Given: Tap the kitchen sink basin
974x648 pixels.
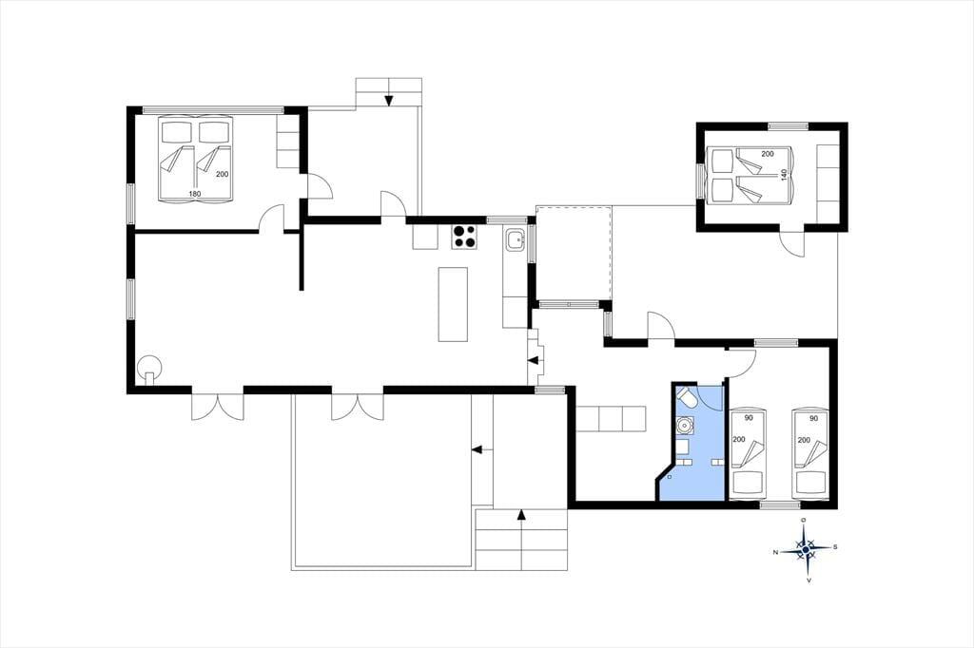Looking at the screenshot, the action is click(515, 239).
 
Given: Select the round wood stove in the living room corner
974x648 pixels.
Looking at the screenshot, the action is click(149, 368).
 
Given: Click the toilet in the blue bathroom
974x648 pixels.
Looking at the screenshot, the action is click(687, 398).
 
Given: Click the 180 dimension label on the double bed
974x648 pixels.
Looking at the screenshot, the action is click(194, 194).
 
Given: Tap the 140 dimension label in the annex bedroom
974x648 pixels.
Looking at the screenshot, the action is click(784, 175).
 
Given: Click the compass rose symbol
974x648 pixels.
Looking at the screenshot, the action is click(805, 549).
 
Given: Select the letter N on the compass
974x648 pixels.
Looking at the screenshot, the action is click(775, 552).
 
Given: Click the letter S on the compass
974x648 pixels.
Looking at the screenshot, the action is click(835, 547).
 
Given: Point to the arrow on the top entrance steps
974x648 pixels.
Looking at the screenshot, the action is click(389, 100).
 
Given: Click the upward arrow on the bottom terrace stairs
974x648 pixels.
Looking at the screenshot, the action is click(521, 515).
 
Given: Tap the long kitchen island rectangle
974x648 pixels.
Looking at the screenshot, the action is click(453, 304).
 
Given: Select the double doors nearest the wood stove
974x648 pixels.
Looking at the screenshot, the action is click(218, 407).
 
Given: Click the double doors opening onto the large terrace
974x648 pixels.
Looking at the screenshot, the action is click(358, 407).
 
